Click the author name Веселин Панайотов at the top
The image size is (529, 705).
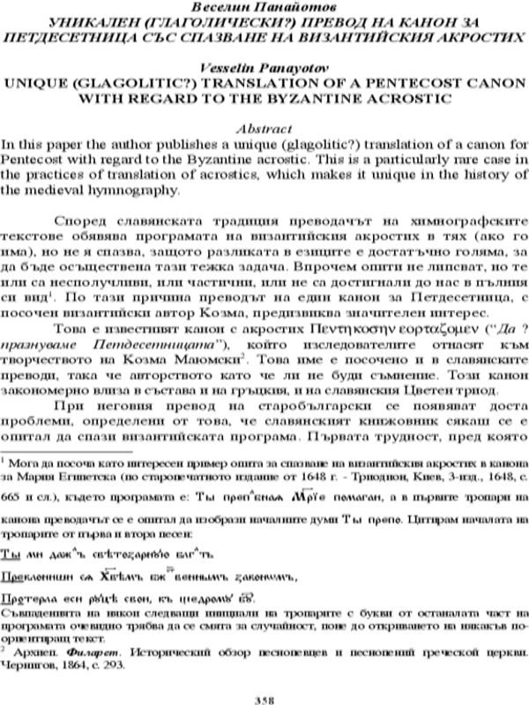point(264,8)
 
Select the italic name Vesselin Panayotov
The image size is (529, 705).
point(264,65)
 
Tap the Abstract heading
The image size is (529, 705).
point(264,125)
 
